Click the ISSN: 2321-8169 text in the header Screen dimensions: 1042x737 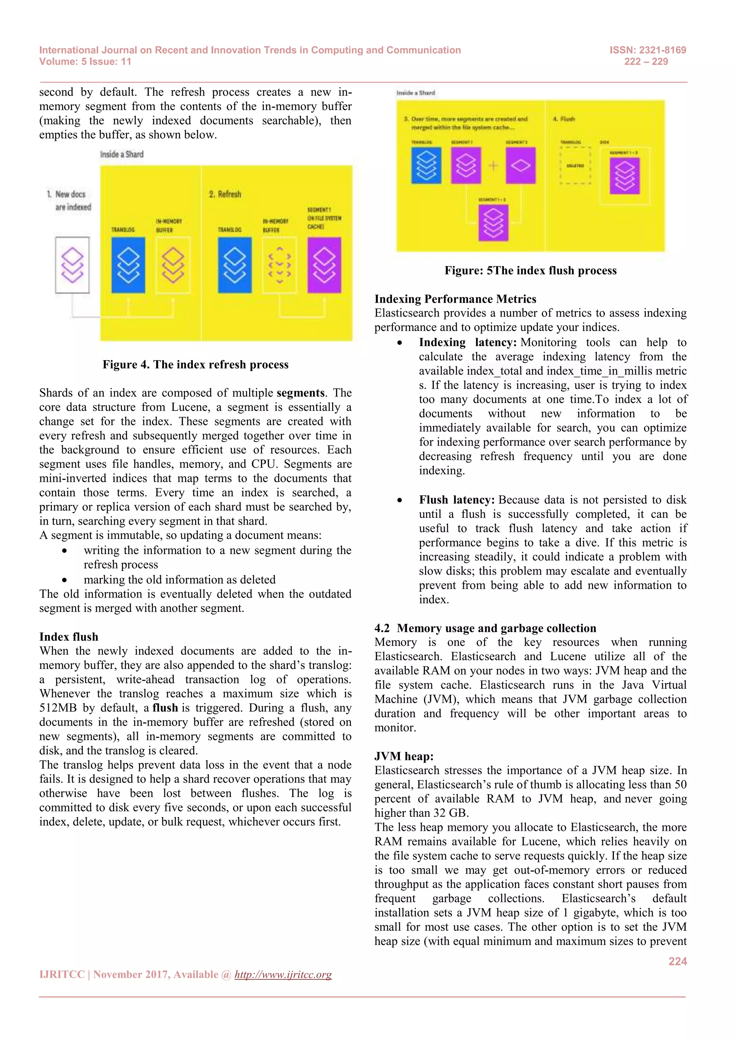point(648,50)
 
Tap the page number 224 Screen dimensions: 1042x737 point(677,961)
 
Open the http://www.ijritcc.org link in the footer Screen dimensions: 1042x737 point(283,974)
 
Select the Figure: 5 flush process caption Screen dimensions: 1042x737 point(530,271)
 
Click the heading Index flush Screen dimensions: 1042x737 point(68,637)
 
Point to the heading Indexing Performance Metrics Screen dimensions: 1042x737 point(455,299)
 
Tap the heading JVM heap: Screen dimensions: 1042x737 point(403,756)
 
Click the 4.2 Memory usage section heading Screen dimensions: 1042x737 point(485,628)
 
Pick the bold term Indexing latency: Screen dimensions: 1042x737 point(467,342)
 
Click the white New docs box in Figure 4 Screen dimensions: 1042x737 point(72,265)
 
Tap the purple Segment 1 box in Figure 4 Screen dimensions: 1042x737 point(324,265)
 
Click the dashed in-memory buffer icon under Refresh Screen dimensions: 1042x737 point(280,265)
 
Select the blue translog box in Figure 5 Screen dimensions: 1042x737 point(426,165)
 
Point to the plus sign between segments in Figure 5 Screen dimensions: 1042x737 point(493,166)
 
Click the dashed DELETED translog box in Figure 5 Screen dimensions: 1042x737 point(575,166)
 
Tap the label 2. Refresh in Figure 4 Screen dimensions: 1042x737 point(225,194)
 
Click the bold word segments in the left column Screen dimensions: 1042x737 point(300,393)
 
